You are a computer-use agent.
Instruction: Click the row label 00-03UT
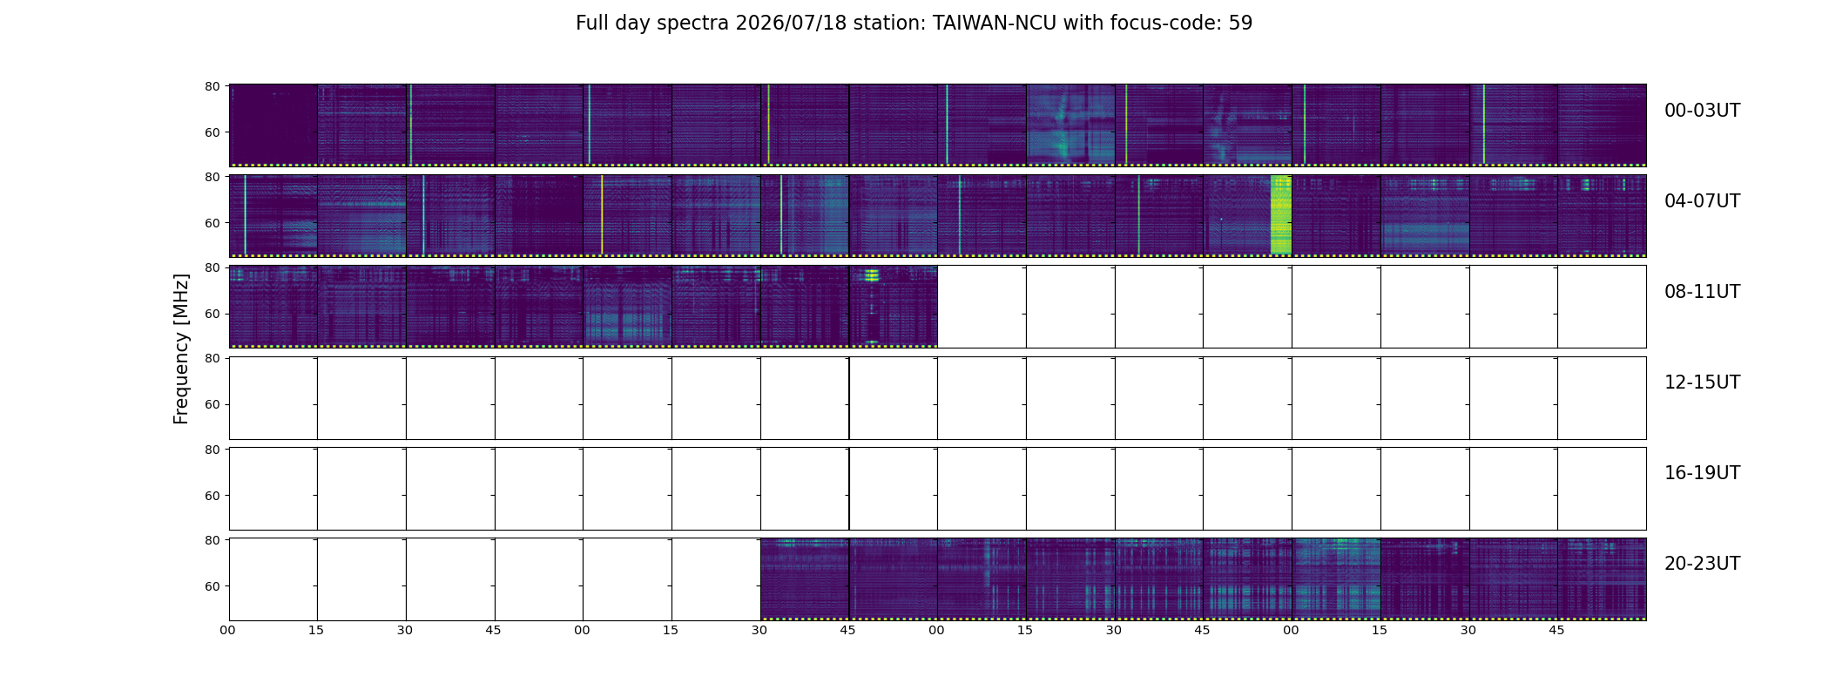(x=1702, y=111)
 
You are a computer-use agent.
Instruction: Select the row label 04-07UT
(x=1702, y=201)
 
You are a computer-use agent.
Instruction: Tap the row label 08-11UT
(x=1702, y=292)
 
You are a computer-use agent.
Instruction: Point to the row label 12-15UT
(x=1702, y=382)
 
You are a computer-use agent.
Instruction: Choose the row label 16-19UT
(x=1702, y=473)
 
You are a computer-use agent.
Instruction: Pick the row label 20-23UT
(x=1702, y=564)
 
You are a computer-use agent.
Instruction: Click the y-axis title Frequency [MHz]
(x=181, y=348)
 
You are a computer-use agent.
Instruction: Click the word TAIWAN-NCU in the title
(x=995, y=24)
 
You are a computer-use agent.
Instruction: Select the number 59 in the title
(x=1240, y=24)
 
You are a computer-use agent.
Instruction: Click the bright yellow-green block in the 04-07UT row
(x=1280, y=214)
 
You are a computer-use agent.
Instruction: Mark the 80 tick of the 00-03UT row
(x=212, y=86)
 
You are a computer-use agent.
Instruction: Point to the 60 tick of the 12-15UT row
(x=212, y=404)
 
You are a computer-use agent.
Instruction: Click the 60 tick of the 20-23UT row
(x=212, y=586)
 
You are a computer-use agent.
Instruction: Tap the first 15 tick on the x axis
(x=316, y=630)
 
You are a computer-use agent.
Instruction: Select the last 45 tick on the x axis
(x=1556, y=630)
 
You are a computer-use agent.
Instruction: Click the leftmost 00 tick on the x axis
(x=227, y=630)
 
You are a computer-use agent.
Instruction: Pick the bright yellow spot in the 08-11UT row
(x=870, y=275)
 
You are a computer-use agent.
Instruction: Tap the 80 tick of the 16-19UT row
(x=212, y=450)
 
